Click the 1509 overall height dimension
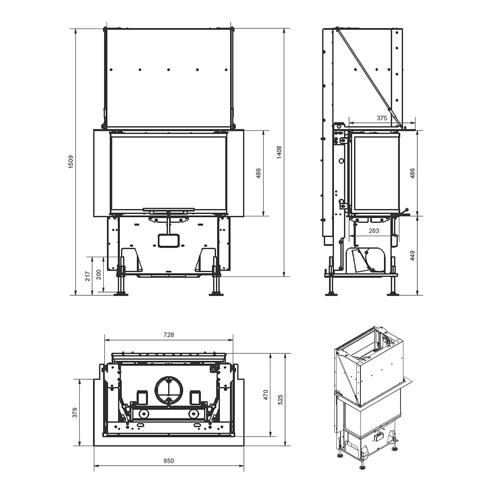[x=71, y=161]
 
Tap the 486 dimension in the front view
[x=258, y=173]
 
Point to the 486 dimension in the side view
[x=412, y=173]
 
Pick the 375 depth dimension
[x=382, y=118]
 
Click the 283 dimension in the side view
[x=374, y=231]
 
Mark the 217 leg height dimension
[x=87, y=276]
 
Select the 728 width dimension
[x=169, y=335]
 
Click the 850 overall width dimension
[x=169, y=461]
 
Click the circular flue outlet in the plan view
[x=169, y=389]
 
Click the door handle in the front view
[x=168, y=210]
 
